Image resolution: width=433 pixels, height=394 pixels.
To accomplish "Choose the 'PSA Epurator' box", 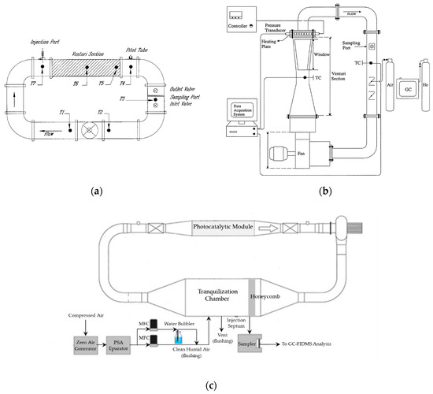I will pyautogui.click(x=124, y=346).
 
